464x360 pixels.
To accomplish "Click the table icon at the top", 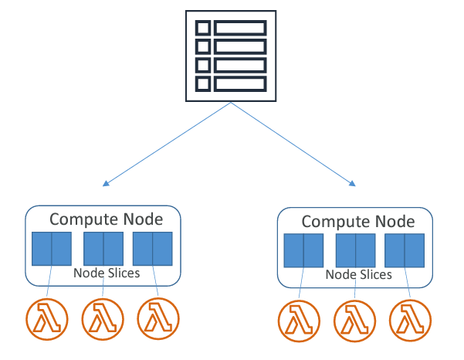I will [231, 56].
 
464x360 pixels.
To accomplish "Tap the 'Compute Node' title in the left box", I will [107, 219].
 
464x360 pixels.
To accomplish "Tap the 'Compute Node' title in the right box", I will [358, 222].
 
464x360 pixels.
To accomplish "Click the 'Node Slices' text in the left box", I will [107, 273].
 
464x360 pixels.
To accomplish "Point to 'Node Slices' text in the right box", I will [359, 274].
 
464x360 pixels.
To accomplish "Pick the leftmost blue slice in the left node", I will [51, 248].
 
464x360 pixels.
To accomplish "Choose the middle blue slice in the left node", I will [103, 248].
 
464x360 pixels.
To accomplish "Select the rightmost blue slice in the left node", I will [153, 248].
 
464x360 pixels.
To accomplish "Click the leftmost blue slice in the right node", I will [303, 251].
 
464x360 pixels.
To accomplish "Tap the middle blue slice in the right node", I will [355, 251].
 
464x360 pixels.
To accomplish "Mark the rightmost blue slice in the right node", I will [405, 251].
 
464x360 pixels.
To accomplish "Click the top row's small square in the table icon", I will [203, 29].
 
